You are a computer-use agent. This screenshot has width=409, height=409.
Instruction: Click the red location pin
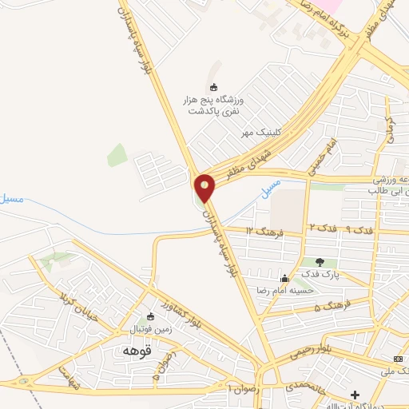(205, 189)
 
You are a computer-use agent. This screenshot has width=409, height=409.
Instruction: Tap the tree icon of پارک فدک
(320, 261)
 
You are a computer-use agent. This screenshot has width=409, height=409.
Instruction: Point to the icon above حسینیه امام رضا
(284, 278)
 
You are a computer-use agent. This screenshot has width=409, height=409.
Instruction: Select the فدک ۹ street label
(355, 229)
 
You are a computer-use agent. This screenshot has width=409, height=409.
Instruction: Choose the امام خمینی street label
(328, 149)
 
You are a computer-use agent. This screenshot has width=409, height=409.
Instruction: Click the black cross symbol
(355, 395)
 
